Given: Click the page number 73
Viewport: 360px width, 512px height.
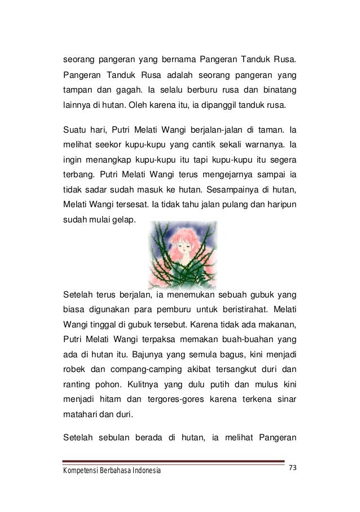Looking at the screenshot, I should pyautogui.click(x=293, y=467).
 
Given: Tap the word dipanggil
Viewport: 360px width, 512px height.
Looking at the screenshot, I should pyautogui.click(x=229, y=105).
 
